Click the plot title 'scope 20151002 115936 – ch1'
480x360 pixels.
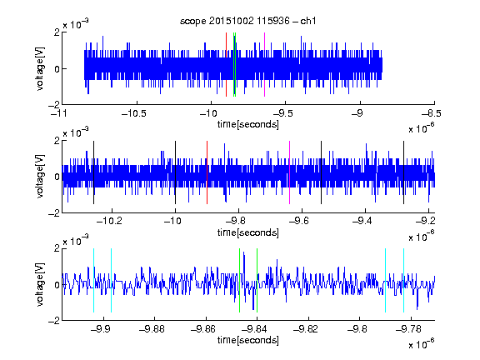[x=248, y=21]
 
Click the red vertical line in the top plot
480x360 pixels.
[x=226, y=65]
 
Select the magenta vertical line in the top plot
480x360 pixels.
[x=264, y=65]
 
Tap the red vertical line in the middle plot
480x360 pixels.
[x=207, y=172]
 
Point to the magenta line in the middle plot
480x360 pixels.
[x=290, y=172]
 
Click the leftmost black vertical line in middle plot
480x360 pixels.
[x=93, y=172]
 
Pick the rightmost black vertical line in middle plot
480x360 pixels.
[x=403, y=172]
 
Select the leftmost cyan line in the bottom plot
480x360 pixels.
[x=93, y=280]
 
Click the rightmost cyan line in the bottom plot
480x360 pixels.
[x=403, y=280]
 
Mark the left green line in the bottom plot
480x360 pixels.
[x=239, y=280]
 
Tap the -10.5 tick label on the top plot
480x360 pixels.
[x=134, y=113]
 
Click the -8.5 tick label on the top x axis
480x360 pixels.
[x=431, y=113]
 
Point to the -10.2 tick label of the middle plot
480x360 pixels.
[x=109, y=220]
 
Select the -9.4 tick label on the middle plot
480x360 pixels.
[x=362, y=220]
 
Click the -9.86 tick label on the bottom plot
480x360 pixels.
[x=203, y=329]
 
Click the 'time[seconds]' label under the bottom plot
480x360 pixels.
[x=248, y=340]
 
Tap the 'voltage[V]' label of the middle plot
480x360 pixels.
[x=40, y=177]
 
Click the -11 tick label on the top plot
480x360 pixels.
[x=59, y=113]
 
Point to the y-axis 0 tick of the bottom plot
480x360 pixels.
[x=57, y=285]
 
